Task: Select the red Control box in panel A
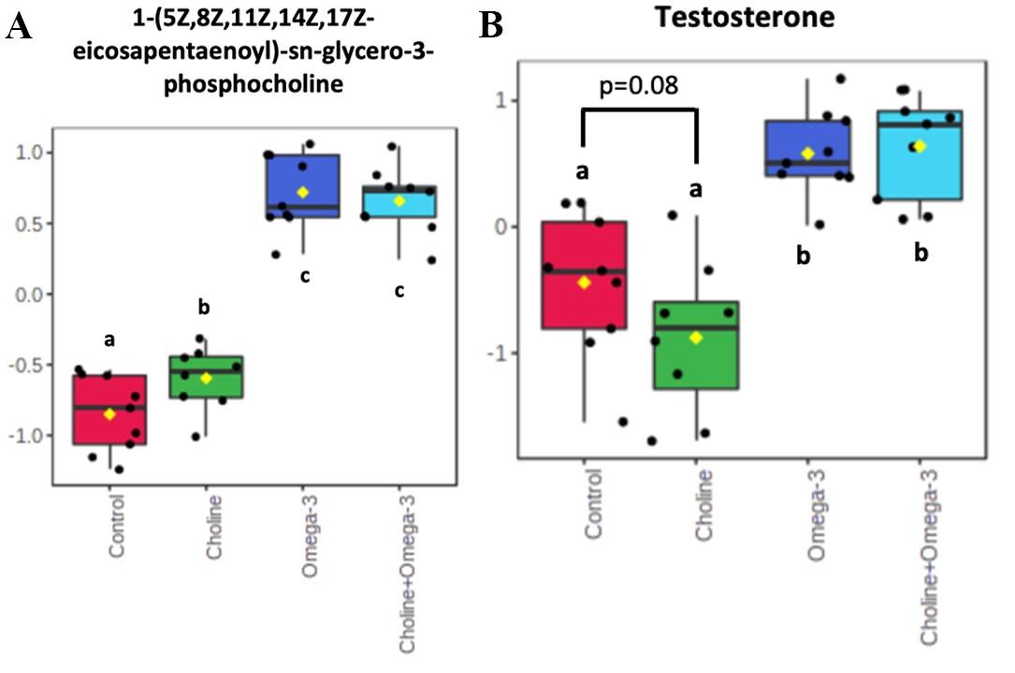(x=110, y=410)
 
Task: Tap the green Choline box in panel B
(x=696, y=344)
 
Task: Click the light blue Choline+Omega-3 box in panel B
(x=920, y=154)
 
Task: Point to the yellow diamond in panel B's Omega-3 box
(x=807, y=154)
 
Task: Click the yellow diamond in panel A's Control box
(x=110, y=414)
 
